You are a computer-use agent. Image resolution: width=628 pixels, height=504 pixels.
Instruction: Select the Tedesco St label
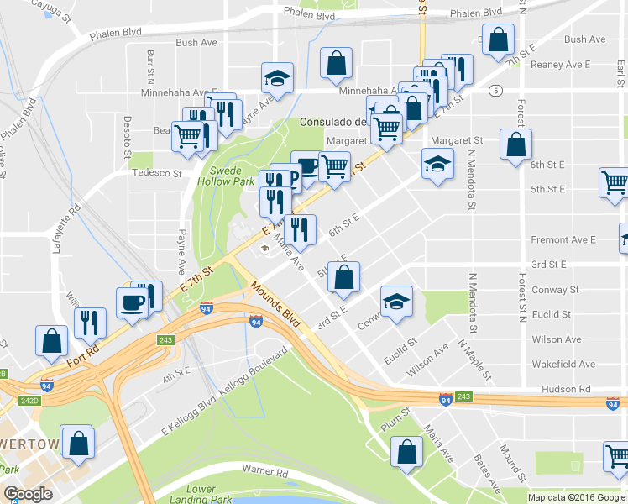pos(160,173)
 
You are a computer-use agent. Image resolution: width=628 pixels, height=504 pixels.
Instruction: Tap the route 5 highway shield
pos(497,90)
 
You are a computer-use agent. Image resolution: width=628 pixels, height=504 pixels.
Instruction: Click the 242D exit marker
pos(30,401)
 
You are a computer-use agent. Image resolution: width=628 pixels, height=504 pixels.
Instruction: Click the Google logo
pos(29,493)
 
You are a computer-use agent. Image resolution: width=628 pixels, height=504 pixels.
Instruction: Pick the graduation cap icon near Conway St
pos(396,302)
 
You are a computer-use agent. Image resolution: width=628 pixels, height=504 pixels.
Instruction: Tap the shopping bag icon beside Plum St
pos(407,451)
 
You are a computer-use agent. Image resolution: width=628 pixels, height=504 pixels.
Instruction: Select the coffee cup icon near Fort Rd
pos(133,303)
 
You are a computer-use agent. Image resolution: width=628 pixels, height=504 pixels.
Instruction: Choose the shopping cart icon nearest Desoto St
pos(188,136)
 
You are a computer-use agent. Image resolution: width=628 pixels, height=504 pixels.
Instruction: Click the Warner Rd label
pos(264,475)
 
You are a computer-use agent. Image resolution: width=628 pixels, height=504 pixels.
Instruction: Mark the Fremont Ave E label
pos(563,239)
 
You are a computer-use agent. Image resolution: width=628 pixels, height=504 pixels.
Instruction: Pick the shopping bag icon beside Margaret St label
pos(515,144)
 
